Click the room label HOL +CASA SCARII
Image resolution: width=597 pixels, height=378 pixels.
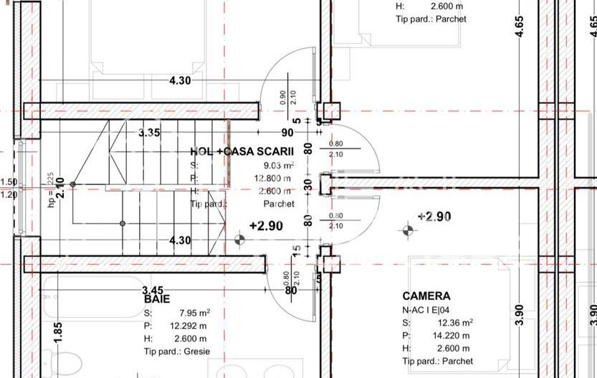[242, 151]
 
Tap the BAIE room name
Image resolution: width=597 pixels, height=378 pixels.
[157, 298]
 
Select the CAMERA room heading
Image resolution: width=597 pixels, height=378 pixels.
[426, 296]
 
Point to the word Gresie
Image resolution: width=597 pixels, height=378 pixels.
[196, 351]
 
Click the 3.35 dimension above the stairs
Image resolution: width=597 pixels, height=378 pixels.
[149, 133]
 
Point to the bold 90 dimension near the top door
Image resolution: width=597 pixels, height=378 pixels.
[287, 133]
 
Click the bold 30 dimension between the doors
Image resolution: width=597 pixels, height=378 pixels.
[308, 184]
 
